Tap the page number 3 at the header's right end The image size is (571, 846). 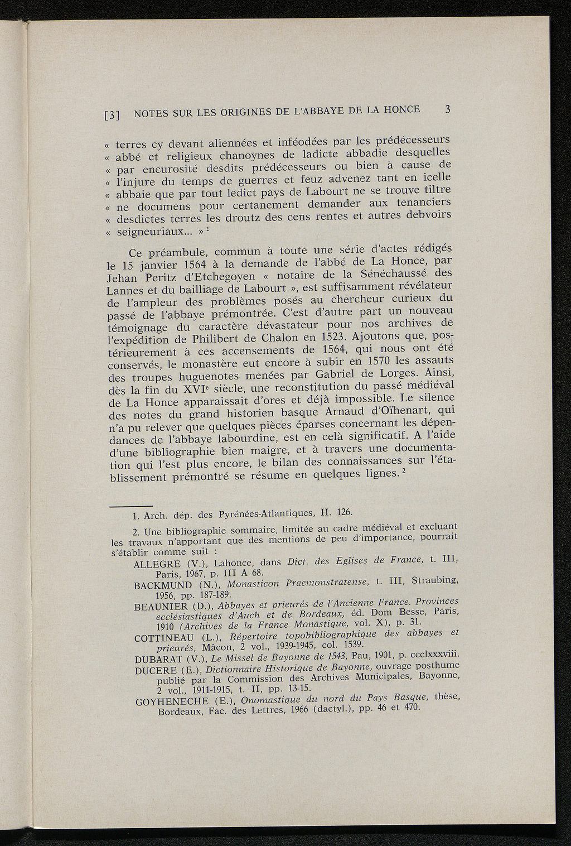point(447,109)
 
